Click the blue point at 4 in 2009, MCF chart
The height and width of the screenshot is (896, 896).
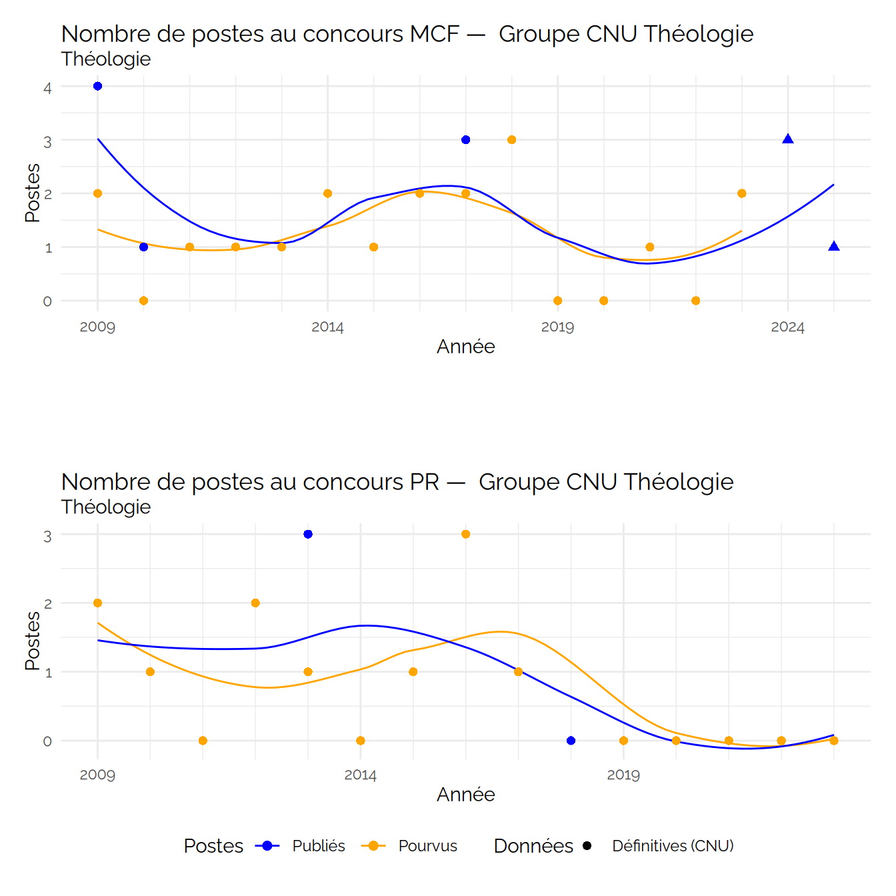(x=97, y=86)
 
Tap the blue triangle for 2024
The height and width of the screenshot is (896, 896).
(x=788, y=139)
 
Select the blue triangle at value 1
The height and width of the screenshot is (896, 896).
(x=834, y=247)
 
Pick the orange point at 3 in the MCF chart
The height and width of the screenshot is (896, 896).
(x=512, y=140)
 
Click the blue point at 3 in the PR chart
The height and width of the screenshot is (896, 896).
(x=308, y=534)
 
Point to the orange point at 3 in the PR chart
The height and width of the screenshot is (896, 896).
(x=466, y=534)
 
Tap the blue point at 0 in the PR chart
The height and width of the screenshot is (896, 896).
(x=571, y=741)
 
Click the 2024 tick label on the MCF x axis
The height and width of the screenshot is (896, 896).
(x=788, y=327)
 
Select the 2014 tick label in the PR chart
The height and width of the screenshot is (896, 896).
(x=361, y=775)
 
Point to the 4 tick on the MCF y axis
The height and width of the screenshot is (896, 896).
(x=47, y=87)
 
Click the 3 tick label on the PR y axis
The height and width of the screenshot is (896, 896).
(x=47, y=536)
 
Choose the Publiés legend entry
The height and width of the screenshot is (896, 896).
(x=319, y=846)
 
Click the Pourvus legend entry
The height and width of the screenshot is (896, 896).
(x=427, y=846)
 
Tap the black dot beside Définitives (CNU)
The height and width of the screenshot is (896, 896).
(x=587, y=846)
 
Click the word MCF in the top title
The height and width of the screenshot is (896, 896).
(x=435, y=34)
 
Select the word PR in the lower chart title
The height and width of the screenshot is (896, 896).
(x=425, y=482)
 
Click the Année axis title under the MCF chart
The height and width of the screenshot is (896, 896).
(x=466, y=347)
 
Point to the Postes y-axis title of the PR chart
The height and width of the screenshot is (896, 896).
(x=32, y=641)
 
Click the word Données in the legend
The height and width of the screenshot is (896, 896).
(x=533, y=846)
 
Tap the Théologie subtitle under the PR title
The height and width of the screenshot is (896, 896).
(x=106, y=507)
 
